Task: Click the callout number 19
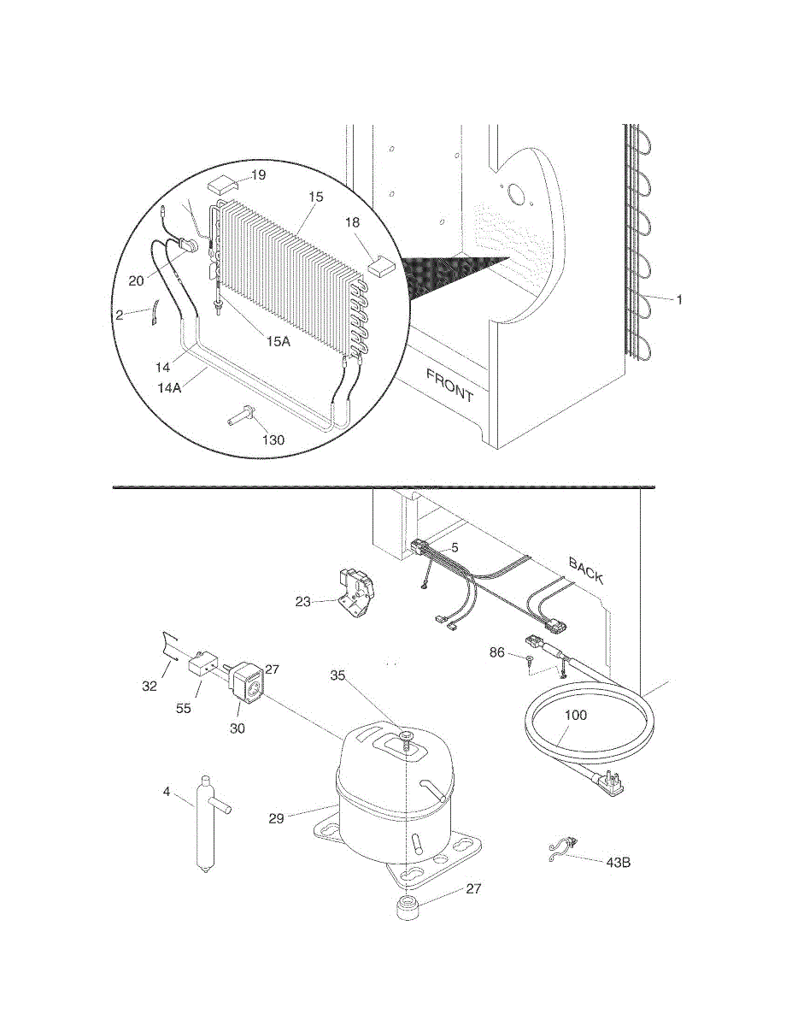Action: click(x=257, y=174)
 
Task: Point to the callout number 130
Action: click(x=273, y=439)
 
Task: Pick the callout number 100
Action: click(x=576, y=715)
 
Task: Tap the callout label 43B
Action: click(x=618, y=862)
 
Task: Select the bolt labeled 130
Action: click(x=242, y=419)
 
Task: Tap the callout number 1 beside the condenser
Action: click(x=679, y=299)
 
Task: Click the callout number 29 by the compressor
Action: click(x=276, y=818)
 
